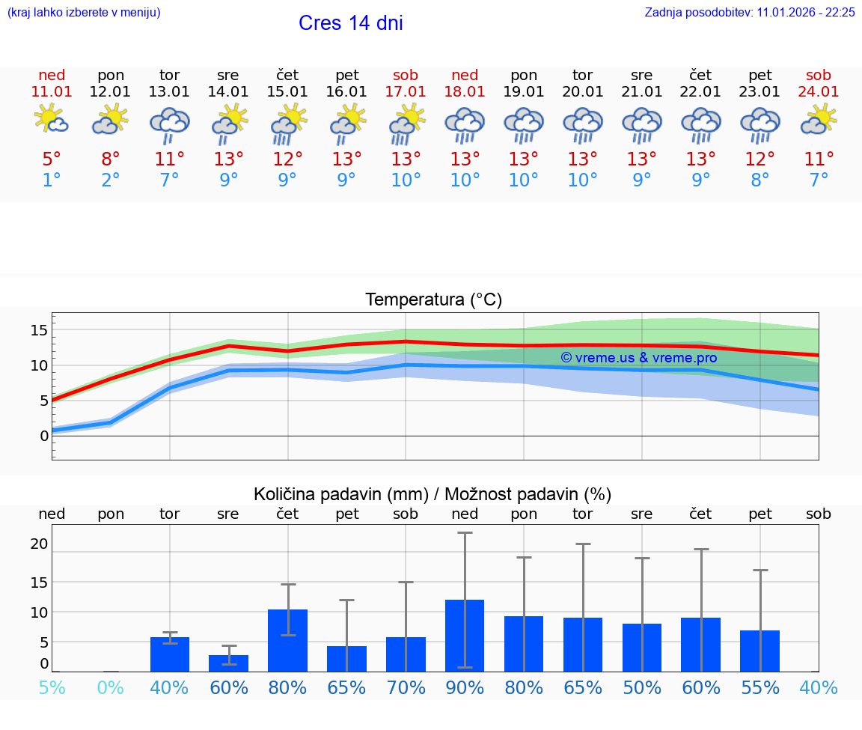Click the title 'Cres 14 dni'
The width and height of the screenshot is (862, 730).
point(350,23)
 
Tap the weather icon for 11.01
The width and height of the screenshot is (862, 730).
point(52,120)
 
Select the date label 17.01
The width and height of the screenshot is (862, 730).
point(406,92)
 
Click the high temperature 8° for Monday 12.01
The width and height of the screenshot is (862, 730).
point(111,159)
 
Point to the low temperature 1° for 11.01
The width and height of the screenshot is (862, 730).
point(52,180)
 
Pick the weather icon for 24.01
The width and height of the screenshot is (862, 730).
point(819,120)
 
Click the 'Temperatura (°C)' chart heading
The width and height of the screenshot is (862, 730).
point(433,300)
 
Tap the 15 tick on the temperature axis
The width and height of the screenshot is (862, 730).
point(39,330)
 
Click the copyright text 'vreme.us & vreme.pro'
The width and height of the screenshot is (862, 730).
point(638,358)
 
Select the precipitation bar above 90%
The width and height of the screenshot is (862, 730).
point(465,636)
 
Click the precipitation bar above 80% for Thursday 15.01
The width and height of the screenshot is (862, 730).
point(287,640)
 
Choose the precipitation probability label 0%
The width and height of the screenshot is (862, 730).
point(111,687)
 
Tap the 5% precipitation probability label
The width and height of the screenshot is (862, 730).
point(52,687)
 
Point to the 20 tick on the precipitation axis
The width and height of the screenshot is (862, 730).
point(39,544)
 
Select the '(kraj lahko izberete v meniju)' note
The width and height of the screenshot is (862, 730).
point(84,13)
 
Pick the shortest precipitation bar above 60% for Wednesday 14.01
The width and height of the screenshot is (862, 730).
point(228,663)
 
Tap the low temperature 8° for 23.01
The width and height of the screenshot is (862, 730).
point(760,180)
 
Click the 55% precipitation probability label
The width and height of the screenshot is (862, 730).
point(760,687)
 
